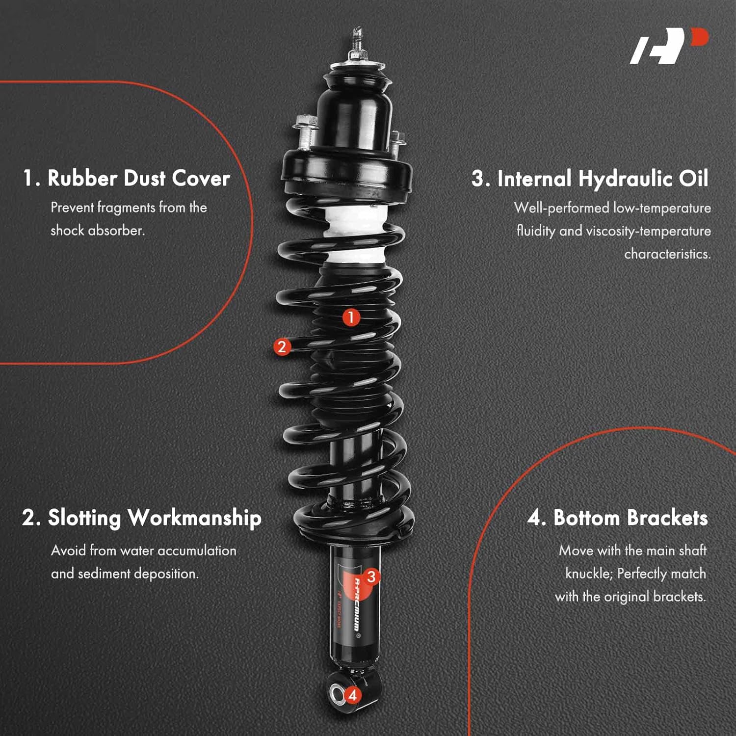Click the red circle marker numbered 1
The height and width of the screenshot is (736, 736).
[351, 317]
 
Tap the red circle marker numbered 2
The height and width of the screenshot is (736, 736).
[282, 347]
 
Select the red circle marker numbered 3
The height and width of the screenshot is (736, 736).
[371, 577]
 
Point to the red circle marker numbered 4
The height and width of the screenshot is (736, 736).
[352, 695]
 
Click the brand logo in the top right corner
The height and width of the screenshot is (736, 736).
[669, 46]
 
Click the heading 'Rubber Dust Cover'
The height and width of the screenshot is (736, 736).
[126, 178]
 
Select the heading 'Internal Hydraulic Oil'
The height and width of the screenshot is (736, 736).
[590, 179]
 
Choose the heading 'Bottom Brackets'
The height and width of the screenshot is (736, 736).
[618, 518]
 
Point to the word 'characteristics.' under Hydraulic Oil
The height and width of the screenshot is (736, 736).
[667, 254]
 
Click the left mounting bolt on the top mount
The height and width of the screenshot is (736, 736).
[305, 130]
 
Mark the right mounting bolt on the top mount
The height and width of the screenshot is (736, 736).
[396, 141]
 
